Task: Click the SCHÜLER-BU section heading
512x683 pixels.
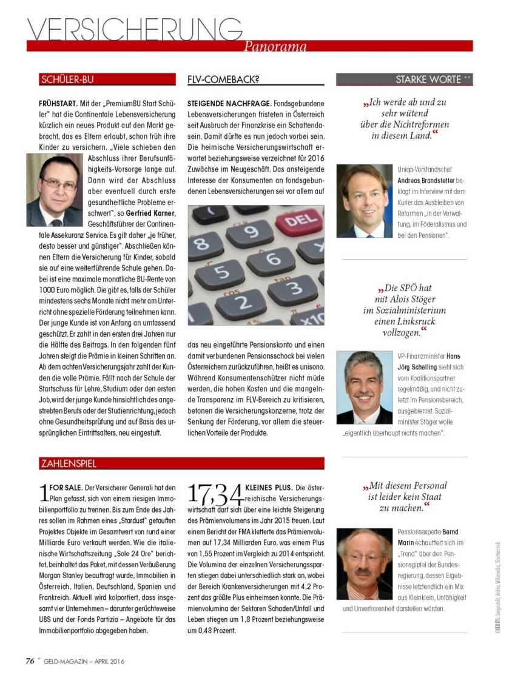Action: [x=67, y=79]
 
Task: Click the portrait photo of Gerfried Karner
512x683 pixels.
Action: [x=54, y=190]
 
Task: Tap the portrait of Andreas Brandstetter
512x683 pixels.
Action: [x=365, y=201]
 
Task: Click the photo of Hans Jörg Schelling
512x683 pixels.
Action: [x=365, y=387]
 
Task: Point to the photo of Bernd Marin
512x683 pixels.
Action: [x=365, y=564]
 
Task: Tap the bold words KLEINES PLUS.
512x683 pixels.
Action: [x=268, y=488]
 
